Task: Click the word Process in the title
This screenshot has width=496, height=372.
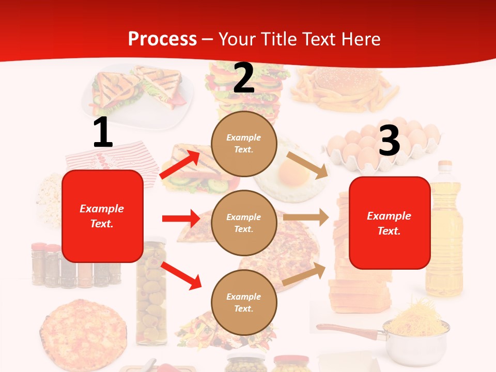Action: click(x=162, y=39)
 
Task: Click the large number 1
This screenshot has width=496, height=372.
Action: click(x=103, y=133)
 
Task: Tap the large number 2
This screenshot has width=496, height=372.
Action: click(x=244, y=79)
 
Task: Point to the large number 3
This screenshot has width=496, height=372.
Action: click(x=389, y=141)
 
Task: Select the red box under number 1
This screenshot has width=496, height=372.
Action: click(x=102, y=216)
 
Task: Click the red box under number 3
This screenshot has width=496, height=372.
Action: click(x=390, y=223)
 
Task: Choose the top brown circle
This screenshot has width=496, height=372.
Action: click(x=244, y=144)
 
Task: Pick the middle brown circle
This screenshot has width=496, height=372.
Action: click(x=244, y=223)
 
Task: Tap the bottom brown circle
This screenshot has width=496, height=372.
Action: click(x=244, y=302)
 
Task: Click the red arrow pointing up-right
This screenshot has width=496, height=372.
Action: click(x=180, y=164)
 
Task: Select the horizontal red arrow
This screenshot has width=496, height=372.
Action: click(x=181, y=219)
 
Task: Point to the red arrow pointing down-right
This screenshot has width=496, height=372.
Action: click(x=181, y=275)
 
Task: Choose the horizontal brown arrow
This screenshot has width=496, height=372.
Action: click(x=306, y=218)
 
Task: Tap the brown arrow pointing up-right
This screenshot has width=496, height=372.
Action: click(x=305, y=273)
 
